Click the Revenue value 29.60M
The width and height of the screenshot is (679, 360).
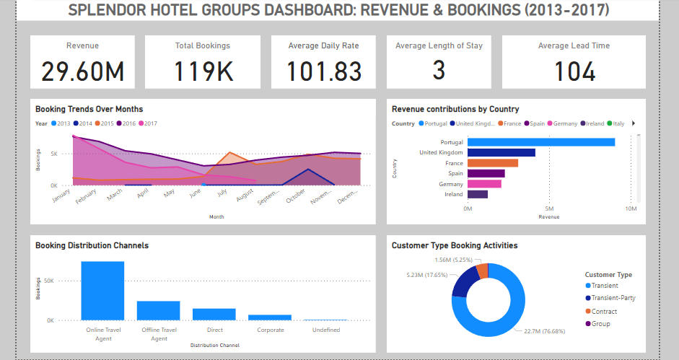(x=82, y=71)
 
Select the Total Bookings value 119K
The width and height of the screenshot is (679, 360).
(x=203, y=71)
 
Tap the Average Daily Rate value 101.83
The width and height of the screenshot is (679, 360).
(x=323, y=71)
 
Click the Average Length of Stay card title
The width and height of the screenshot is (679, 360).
(x=439, y=45)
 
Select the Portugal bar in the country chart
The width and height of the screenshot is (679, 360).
(x=541, y=142)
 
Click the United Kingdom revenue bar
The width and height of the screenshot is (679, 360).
(x=501, y=152)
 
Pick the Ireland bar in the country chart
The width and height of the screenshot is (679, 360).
(x=478, y=194)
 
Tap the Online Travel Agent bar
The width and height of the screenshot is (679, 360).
(x=102, y=290)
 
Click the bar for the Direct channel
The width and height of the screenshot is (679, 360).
(x=214, y=314)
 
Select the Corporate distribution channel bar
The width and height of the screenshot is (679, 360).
(x=270, y=317)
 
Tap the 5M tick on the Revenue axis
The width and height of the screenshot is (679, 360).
(x=548, y=209)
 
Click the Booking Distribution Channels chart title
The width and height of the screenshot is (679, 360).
(x=92, y=245)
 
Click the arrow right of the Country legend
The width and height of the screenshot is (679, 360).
(x=633, y=123)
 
